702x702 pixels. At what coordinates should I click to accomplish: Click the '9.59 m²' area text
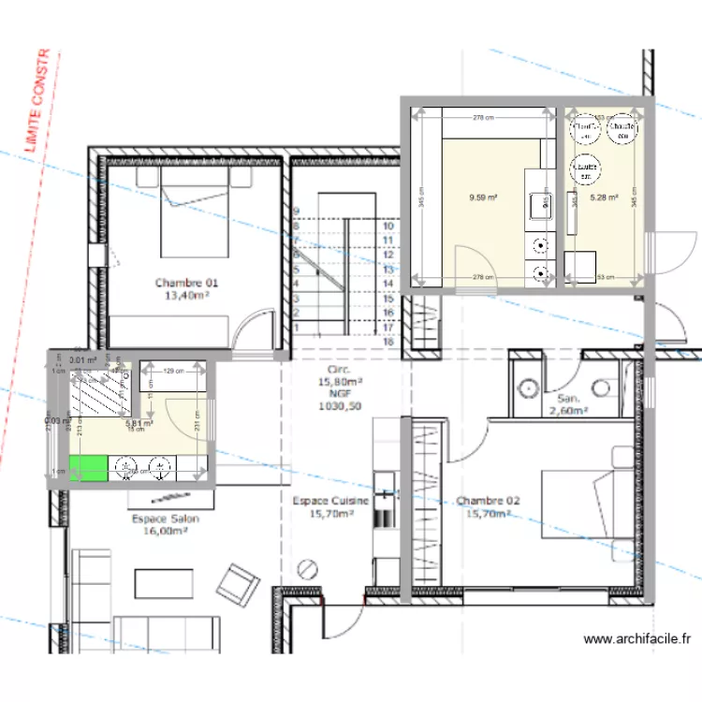tap(483, 197)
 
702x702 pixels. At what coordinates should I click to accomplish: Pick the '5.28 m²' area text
tap(603, 197)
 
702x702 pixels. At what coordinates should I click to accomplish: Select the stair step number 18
tap(387, 343)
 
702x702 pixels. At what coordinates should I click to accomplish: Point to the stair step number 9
tap(296, 212)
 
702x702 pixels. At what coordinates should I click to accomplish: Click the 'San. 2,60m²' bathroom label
tap(567, 403)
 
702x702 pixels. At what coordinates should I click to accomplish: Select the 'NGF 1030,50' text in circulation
tap(339, 401)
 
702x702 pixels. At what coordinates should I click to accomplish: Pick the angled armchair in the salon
tap(239, 582)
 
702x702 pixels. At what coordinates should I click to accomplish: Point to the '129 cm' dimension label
tap(173, 373)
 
